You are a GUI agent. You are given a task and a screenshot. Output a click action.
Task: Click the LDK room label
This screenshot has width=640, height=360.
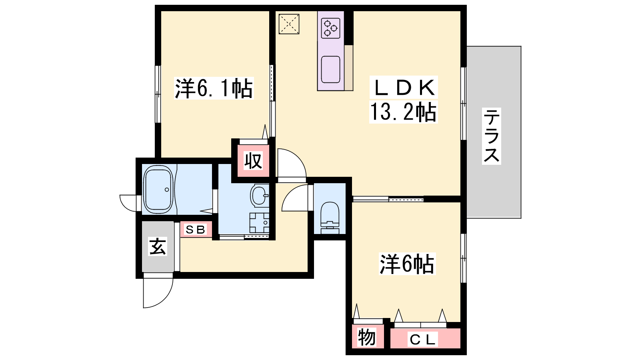pyautogui.click(x=404, y=88)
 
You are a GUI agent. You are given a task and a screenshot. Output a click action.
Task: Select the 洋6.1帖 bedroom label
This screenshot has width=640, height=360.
pyautogui.click(x=214, y=88)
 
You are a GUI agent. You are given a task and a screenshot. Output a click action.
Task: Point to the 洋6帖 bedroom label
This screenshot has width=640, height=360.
pyautogui.click(x=407, y=264)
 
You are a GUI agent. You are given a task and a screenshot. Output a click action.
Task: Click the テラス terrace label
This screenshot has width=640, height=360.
pyautogui.click(x=492, y=136)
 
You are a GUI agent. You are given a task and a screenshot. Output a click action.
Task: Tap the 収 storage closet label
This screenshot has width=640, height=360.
pyautogui.click(x=253, y=161)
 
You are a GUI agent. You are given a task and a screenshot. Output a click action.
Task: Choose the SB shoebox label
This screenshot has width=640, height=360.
pyautogui.click(x=196, y=230)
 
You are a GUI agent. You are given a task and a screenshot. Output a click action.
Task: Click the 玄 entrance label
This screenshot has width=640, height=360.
pyautogui.click(x=158, y=246)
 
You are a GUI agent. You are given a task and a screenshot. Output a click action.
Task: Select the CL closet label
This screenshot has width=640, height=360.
pyautogui.click(x=422, y=340)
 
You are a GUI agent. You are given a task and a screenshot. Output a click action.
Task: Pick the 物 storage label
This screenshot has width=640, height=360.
pyautogui.click(x=366, y=338)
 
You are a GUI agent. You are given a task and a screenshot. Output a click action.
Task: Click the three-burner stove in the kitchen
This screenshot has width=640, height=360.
pyautogui.click(x=330, y=28)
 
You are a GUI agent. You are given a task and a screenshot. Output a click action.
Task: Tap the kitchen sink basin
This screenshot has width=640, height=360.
pyautogui.click(x=330, y=70)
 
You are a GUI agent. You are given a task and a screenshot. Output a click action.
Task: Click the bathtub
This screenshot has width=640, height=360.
pyautogui.click(x=158, y=189)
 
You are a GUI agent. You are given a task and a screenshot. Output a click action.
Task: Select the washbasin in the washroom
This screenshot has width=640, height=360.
pyautogui.click(x=260, y=196)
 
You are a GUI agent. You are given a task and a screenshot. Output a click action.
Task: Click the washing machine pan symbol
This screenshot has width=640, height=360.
pyautogui.click(x=259, y=222)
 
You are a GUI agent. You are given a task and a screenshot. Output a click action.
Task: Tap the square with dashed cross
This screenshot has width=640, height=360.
pyautogui.click(x=289, y=24)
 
